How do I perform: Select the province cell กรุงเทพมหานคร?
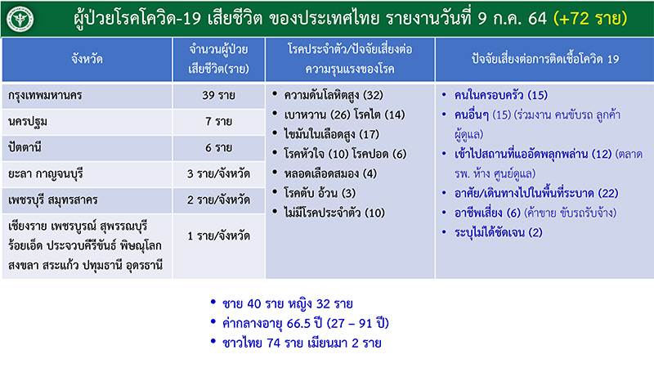coord(43,96)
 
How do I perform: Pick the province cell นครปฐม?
coord(26,121)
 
